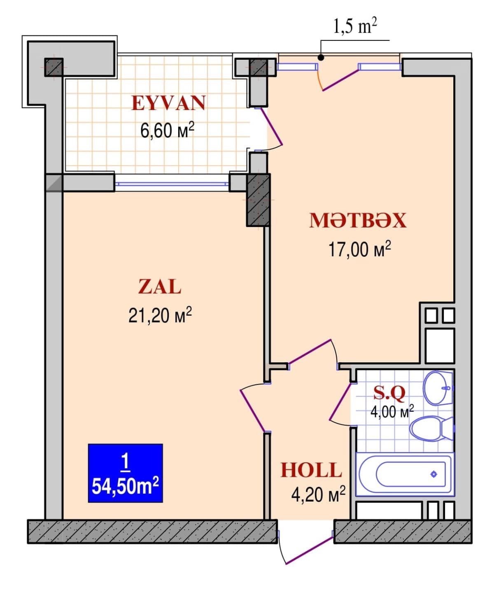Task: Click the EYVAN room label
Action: pos(168,103)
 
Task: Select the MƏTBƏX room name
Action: pos(358,220)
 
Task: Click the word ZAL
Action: pos(160,287)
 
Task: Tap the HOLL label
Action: pos(311,470)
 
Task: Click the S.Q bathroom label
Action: pos(389,393)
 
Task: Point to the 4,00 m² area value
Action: pos(391,411)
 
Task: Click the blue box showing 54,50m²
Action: pos(125,473)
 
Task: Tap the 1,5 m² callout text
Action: pos(354,27)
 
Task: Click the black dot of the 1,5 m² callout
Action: pos(321,58)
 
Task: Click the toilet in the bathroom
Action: pos(430,429)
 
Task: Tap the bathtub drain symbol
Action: pos(433,474)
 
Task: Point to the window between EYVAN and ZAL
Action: pos(172,184)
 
